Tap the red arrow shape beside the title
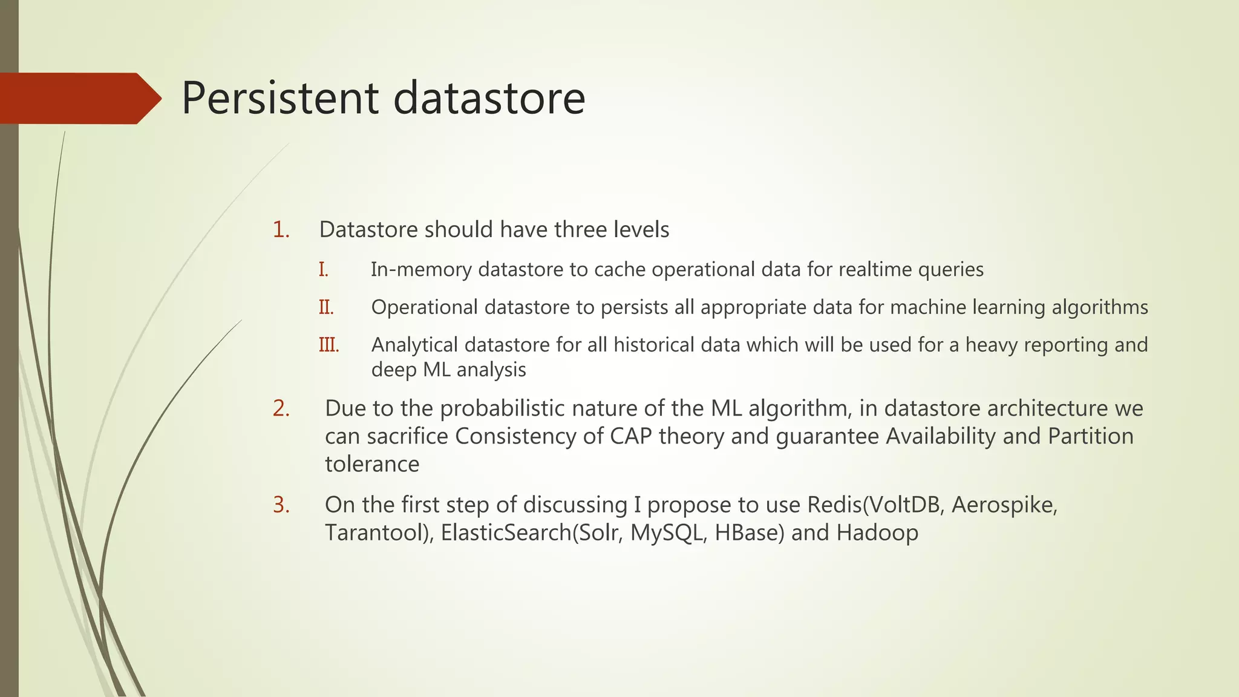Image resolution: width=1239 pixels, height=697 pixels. click(79, 98)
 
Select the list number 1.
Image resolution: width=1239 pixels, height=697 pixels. click(281, 230)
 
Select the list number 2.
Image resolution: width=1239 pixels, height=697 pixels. click(281, 408)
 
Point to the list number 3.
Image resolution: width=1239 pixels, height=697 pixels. click(281, 505)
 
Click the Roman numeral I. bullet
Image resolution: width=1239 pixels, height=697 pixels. click(324, 270)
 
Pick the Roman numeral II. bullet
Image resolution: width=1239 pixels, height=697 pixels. click(326, 307)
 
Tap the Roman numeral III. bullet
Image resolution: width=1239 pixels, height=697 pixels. click(329, 345)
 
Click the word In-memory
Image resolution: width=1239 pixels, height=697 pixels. click(421, 270)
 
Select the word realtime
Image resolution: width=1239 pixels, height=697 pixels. click(875, 270)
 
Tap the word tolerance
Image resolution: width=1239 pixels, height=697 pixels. click(372, 465)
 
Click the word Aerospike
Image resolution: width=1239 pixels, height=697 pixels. click(1004, 505)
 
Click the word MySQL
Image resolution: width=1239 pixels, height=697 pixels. click(667, 533)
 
